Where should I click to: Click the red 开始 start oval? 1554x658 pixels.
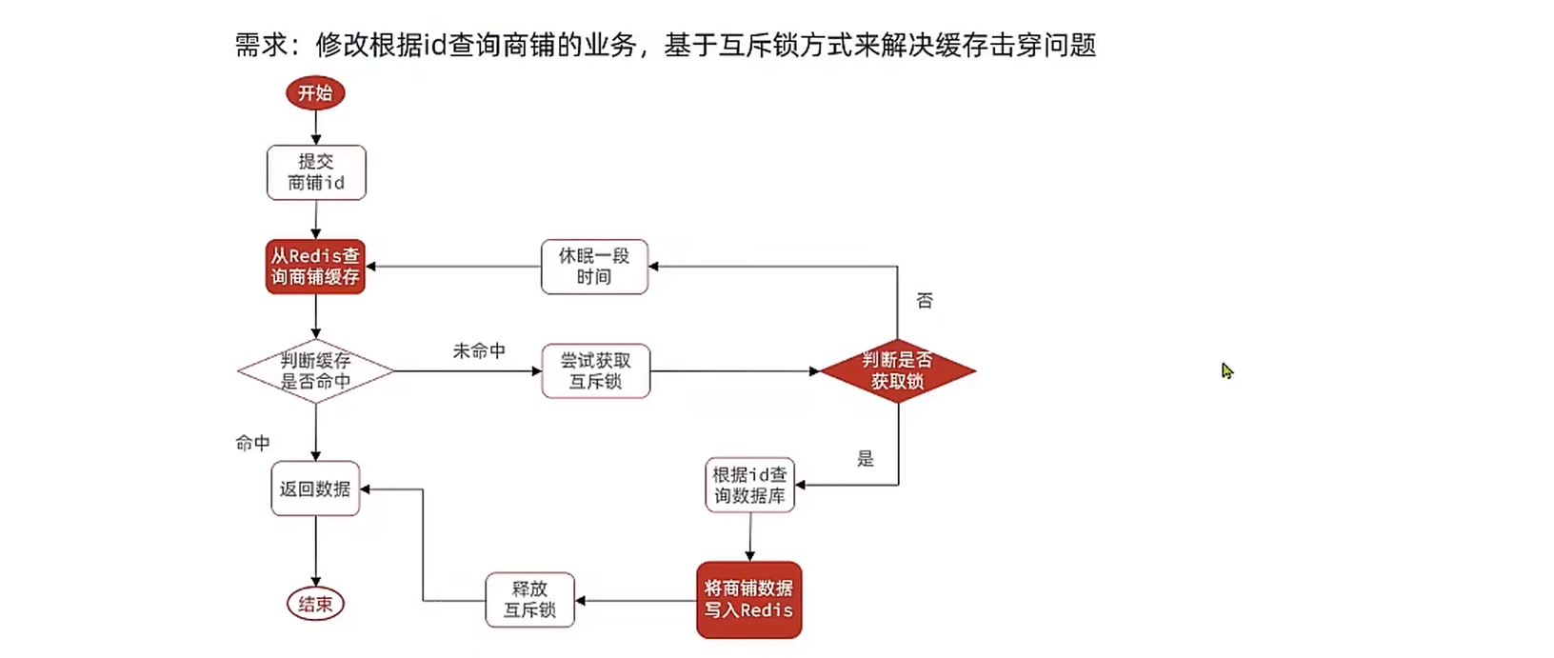pos(315,93)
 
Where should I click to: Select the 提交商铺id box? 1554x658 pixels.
pos(316,172)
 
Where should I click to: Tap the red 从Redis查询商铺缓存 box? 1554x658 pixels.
pos(315,267)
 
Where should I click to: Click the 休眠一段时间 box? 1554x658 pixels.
pos(594,267)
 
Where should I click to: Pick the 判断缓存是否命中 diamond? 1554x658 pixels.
pos(315,371)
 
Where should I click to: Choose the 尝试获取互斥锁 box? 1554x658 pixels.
pos(595,371)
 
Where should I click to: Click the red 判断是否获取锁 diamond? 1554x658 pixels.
pos(897,371)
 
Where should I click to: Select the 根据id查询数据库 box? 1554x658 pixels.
pos(749,486)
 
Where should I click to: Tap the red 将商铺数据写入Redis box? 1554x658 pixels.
pos(748,600)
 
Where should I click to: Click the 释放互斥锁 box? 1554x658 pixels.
pos(529,600)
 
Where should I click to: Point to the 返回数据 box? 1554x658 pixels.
pos(315,489)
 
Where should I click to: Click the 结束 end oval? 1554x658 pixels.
pos(315,604)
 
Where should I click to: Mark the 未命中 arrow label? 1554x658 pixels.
pos(479,351)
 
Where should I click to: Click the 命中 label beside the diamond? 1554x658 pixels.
pos(253,443)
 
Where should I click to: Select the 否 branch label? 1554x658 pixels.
pos(925,301)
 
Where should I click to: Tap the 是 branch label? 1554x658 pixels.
pos(866,459)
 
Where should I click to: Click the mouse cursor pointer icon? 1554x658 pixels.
pos(1226,370)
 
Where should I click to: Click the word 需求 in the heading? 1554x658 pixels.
pos(261,45)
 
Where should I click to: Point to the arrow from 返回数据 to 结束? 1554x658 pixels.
pos(315,550)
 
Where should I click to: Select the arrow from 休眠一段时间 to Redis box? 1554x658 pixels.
pos(453,267)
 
